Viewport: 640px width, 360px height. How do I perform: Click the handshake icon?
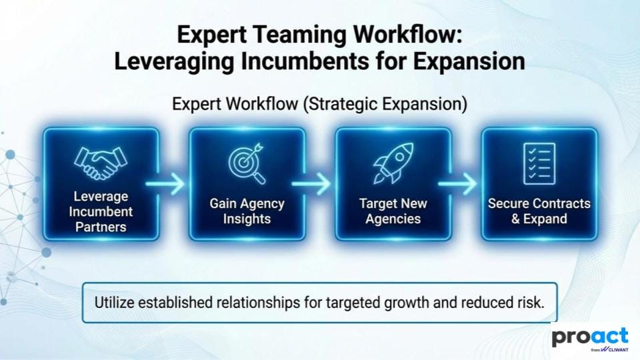click(x=101, y=163)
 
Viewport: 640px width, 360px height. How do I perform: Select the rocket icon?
click(x=393, y=163)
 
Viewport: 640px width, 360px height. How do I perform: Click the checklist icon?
click(x=539, y=164)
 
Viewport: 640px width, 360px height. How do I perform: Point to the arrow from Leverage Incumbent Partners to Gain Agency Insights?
click(x=165, y=184)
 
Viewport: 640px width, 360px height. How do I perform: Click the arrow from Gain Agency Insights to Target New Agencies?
click(x=311, y=184)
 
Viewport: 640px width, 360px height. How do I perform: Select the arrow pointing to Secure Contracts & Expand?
click(x=457, y=184)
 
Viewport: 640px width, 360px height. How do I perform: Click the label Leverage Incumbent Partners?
click(x=101, y=211)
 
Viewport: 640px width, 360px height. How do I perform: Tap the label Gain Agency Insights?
click(x=247, y=211)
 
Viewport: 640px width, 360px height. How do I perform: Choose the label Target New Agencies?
click(x=393, y=211)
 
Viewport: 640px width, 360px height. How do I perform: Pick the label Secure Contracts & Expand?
click(x=539, y=211)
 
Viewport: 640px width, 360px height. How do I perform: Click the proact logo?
click(x=590, y=337)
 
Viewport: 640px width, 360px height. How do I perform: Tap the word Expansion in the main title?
click(x=469, y=62)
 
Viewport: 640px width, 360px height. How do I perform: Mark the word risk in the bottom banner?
click(x=532, y=303)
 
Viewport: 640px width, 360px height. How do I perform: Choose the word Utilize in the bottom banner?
click(x=114, y=303)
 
